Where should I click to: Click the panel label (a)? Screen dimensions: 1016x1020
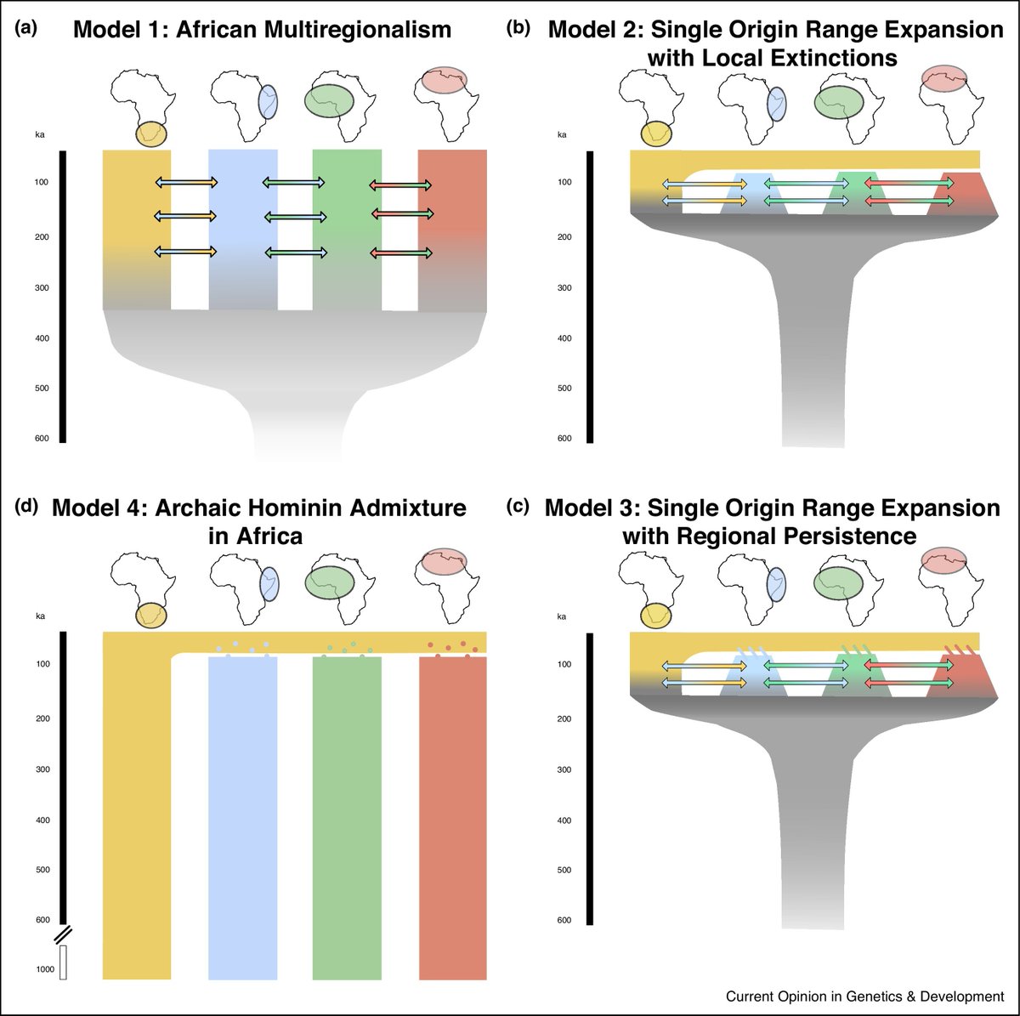(26, 28)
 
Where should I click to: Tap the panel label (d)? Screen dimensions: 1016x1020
(26, 507)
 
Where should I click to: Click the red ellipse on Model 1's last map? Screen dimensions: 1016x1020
(444, 81)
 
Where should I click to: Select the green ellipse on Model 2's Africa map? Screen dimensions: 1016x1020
(838, 102)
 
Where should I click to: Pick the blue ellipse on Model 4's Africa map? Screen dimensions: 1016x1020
(269, 584)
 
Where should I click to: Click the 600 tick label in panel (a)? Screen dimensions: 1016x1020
(42, 439)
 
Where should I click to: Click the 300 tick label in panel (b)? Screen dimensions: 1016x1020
(564, 288)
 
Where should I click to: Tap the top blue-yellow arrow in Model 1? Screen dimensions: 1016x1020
(187, 182)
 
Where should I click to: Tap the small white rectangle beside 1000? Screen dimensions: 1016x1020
(64, 968)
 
